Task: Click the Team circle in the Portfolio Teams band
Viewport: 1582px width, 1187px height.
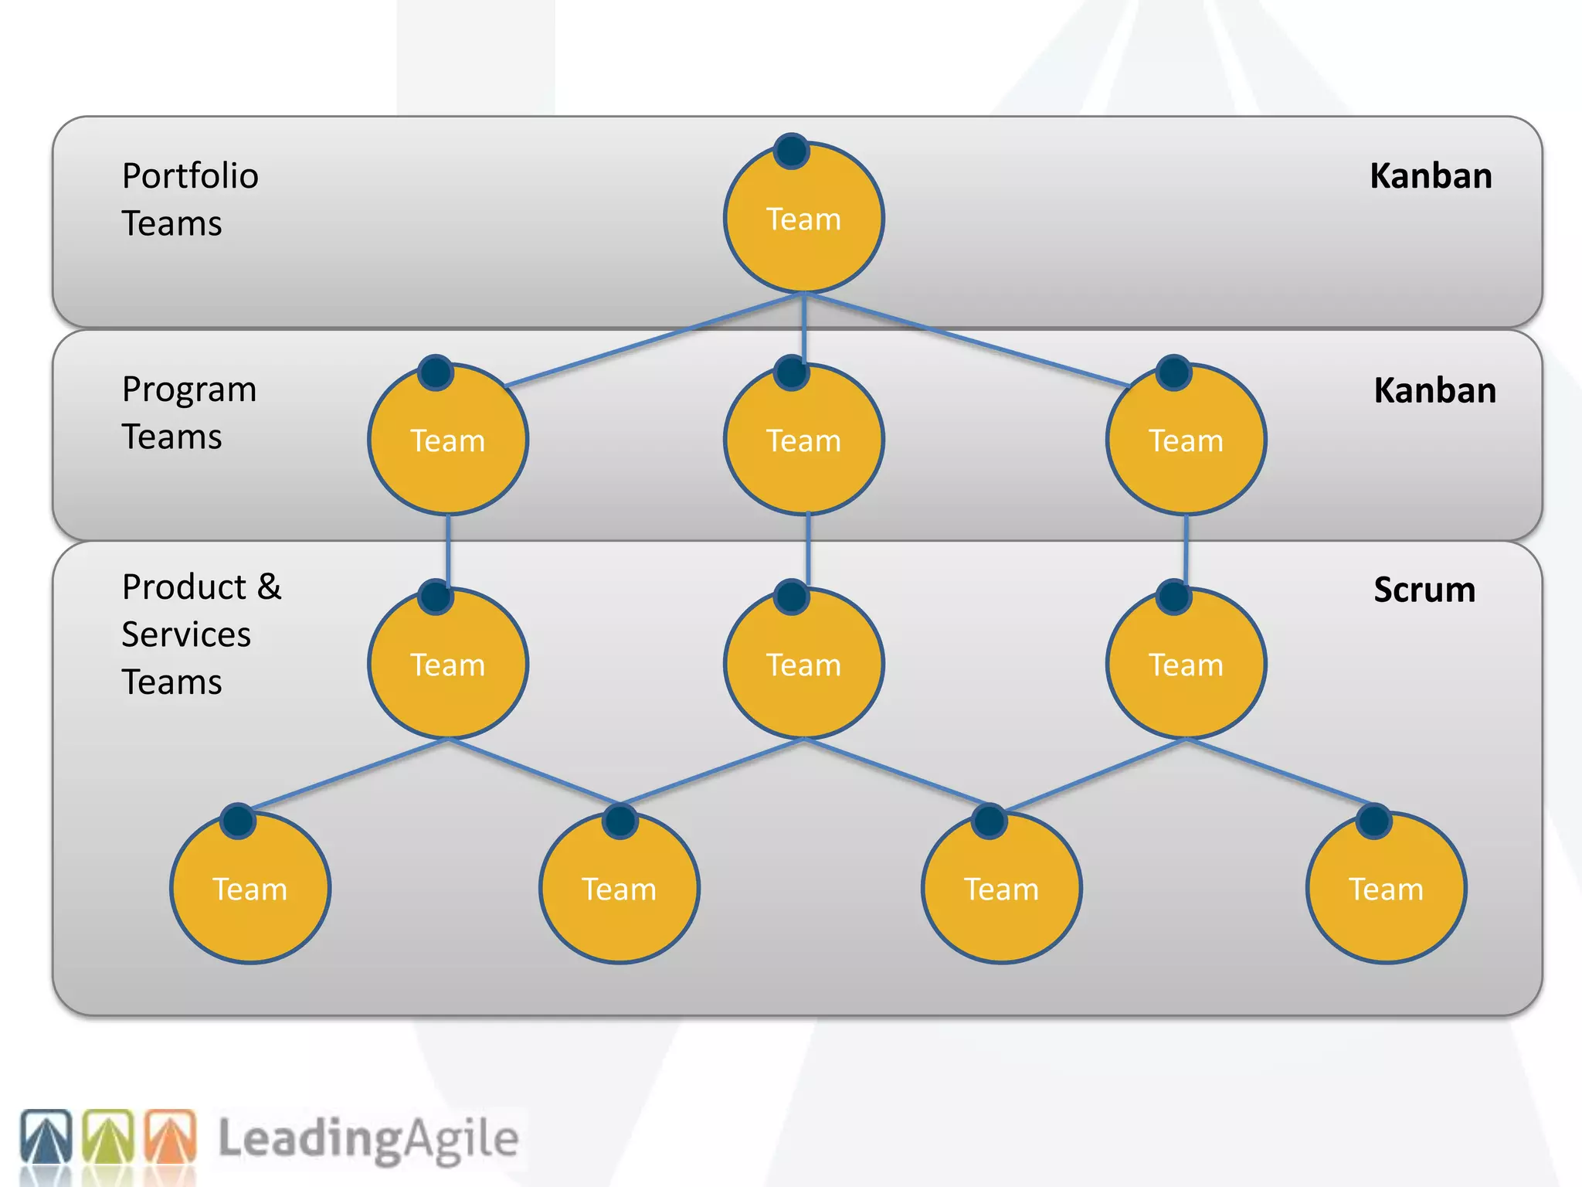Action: coord(803,219)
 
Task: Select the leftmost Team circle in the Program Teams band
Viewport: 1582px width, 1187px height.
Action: coord(448,440)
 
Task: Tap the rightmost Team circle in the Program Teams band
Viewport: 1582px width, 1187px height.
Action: coord(1186,440)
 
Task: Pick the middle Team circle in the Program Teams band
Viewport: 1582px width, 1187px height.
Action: coord(803,440)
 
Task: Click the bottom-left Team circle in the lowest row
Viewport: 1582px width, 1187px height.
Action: coord(250,889)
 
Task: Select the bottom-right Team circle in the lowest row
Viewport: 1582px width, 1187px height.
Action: coord(1386,889)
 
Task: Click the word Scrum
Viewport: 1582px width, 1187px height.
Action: coord(1424,590)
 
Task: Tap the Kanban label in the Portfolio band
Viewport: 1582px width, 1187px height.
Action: coord(1431,176)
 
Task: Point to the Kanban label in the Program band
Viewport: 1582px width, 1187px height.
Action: coord(1434,390)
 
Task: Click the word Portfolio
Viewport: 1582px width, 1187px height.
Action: coord(190,176)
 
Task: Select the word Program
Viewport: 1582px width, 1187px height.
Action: coord(189,389)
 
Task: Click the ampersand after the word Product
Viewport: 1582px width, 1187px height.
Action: coord(269,587)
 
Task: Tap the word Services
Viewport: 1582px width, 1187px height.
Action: coord(186,634)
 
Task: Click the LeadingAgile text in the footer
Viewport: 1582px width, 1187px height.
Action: coord(368,1138)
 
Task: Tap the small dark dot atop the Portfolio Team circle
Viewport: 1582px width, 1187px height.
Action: coord(792,151)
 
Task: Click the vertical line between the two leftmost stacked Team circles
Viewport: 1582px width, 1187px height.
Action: coord(448,550)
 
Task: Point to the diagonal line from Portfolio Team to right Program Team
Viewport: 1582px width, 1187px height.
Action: coord(966,339)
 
